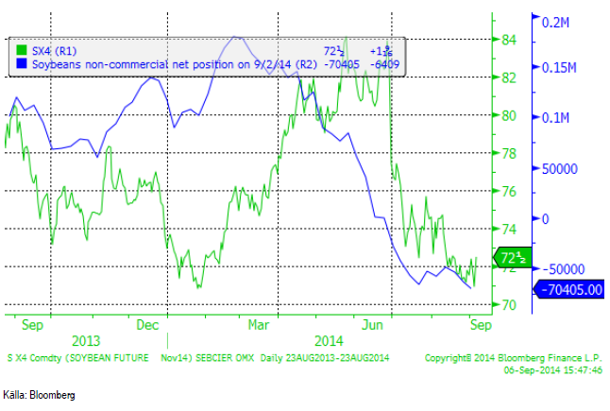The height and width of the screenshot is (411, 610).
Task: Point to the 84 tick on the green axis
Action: [x=508, y=40]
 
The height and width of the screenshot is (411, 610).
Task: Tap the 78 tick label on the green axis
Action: [x=508, y=153]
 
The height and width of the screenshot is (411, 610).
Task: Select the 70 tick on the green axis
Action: [x=508, y=305]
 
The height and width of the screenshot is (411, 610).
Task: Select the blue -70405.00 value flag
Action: [x=569, y=290]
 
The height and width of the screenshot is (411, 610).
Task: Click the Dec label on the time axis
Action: [x=147, y=323]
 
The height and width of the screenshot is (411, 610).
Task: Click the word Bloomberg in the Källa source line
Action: [x=53, y=394]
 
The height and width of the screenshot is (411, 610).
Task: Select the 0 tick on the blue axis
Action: [x=545, y=218]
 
